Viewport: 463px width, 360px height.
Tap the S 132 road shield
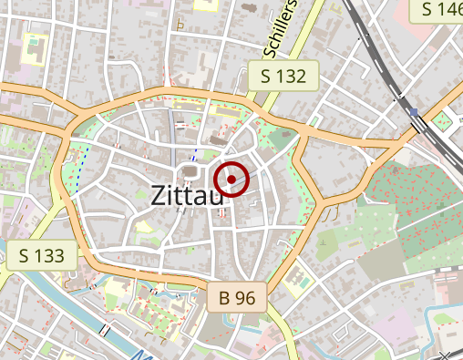point(283,76)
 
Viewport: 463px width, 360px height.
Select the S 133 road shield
point(40,255)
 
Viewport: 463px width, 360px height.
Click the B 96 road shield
point(237,296)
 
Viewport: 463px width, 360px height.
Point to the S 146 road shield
point(438,10)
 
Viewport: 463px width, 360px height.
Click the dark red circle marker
point(232,178)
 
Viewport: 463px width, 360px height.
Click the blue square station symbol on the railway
point(415,112)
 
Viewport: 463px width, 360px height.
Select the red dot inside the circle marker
point(232,178)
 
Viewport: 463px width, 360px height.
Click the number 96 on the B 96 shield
point(246,296)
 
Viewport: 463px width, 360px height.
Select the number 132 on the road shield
point(291,76)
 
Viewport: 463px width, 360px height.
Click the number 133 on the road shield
point(48,255)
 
